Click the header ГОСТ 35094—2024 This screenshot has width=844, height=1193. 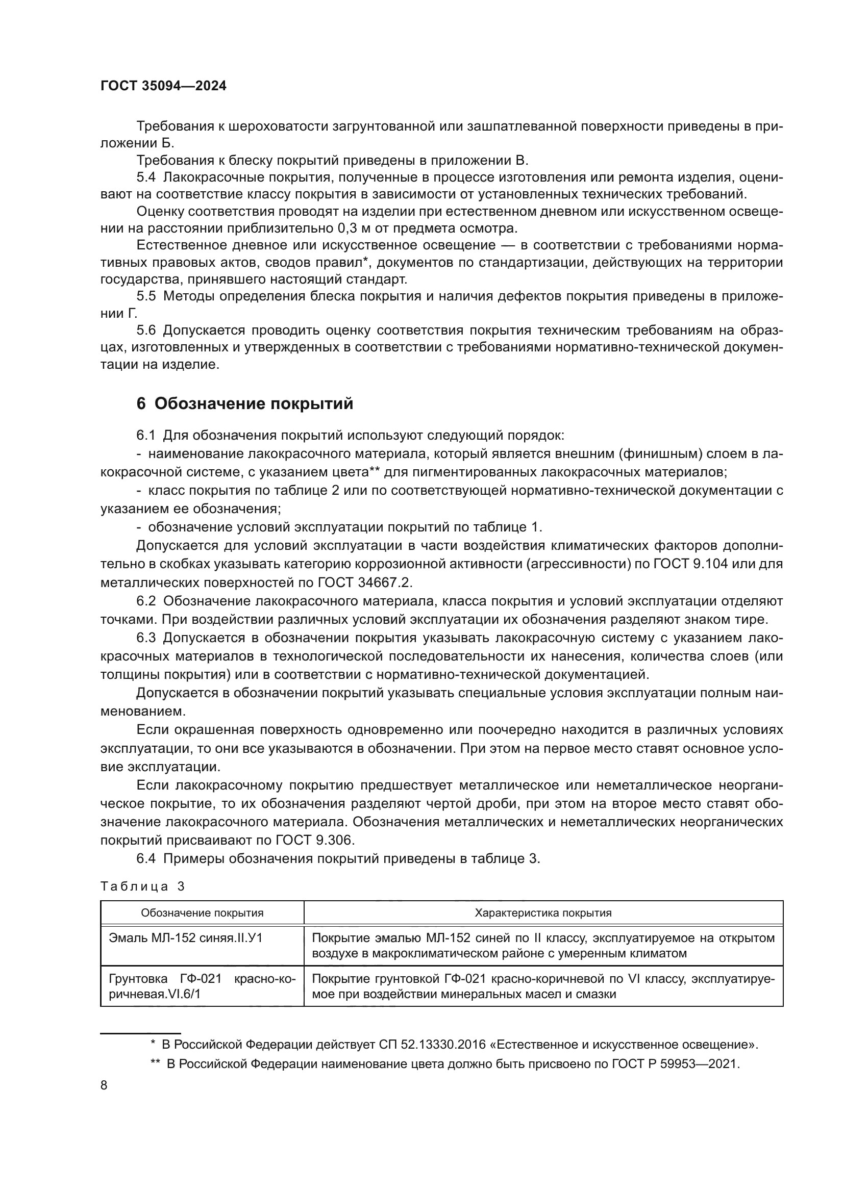163,86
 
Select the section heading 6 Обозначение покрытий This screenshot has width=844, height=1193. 244,404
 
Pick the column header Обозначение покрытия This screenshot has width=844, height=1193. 202,912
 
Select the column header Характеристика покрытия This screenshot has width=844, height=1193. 543,912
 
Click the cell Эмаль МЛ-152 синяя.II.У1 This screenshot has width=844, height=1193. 186,938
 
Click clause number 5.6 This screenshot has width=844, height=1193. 146,331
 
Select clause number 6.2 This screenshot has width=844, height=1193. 146,601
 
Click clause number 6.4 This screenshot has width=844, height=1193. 146,858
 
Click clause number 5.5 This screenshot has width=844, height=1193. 146,296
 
